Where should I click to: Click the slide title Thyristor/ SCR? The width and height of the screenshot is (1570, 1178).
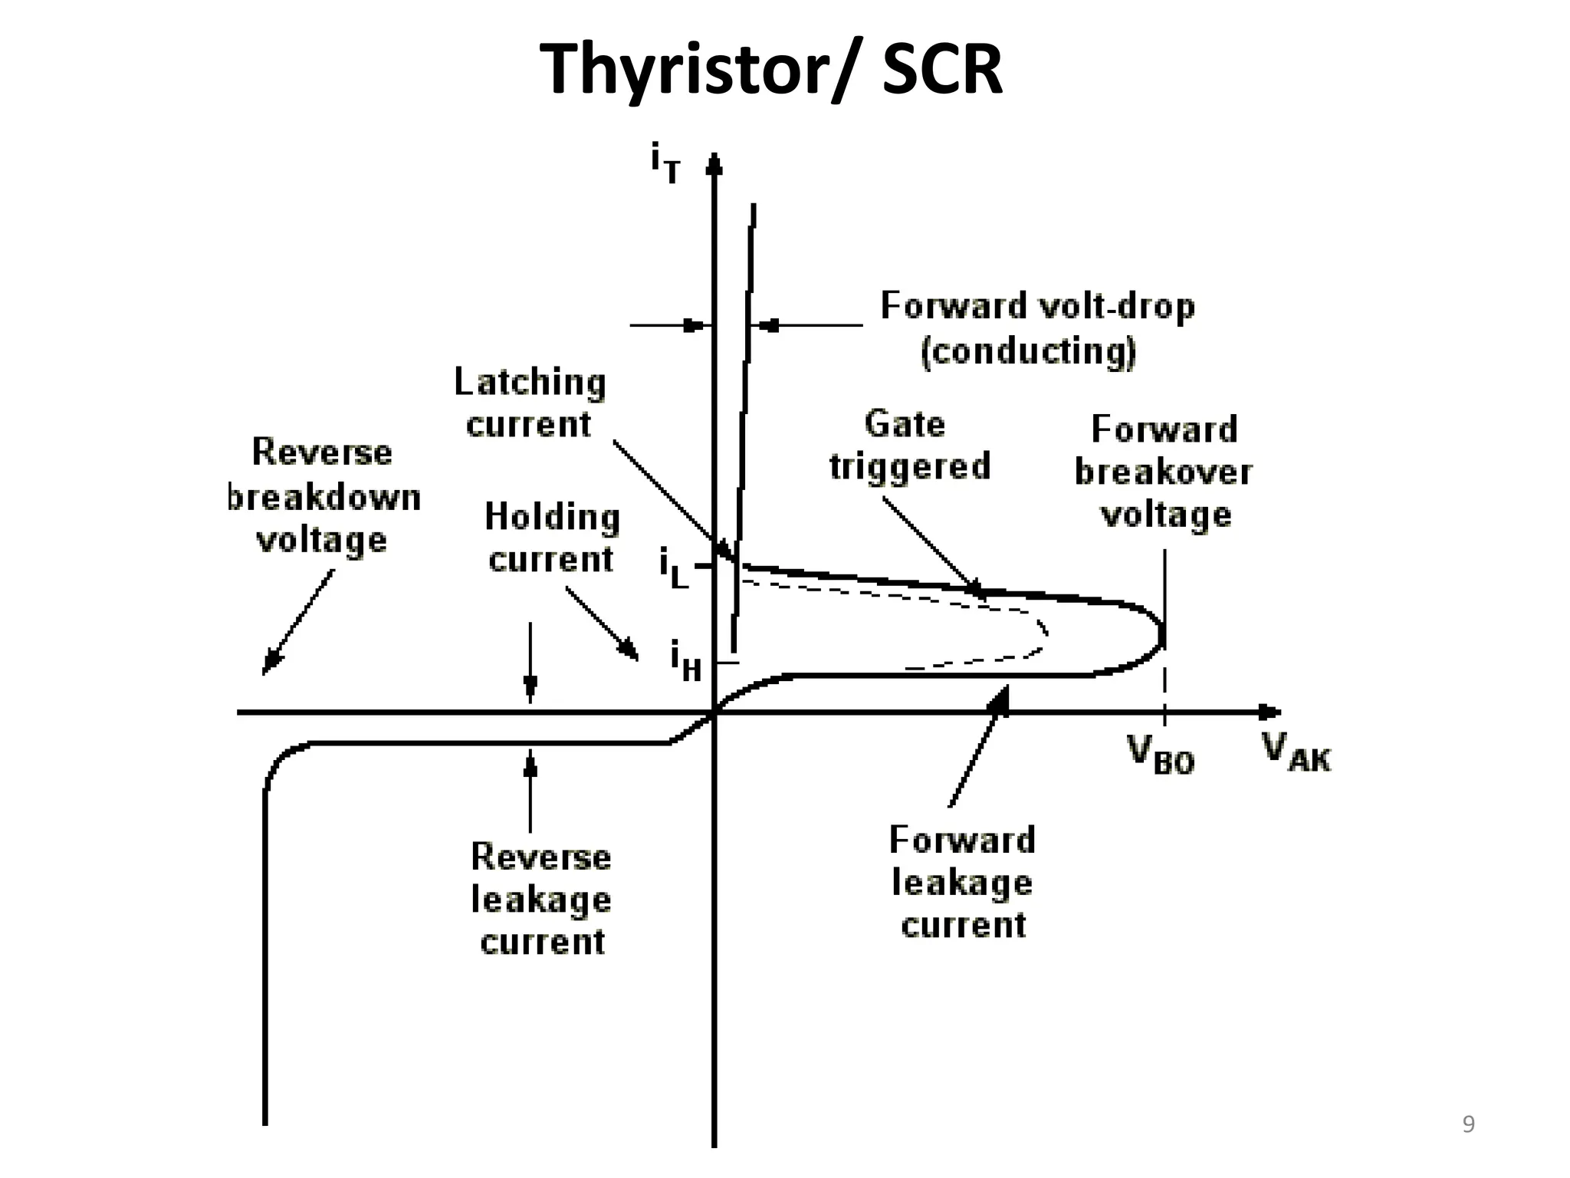[x=771, y=69]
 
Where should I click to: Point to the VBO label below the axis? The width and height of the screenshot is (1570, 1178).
[x=1161, y=755]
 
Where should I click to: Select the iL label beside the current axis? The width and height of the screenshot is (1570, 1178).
[x=674, y=568]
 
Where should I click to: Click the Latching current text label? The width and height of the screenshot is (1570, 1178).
[x=530, y=403]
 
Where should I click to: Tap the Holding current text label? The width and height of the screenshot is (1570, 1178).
[x=551, y=538]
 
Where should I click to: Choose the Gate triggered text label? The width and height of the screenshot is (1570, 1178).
[x=909, y=445]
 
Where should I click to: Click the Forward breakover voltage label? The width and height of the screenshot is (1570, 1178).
[x=1164, y=471]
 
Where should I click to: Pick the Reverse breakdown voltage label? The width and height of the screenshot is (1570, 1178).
[x=323, y=496]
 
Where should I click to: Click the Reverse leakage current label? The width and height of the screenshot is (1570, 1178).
[x=541, y=898]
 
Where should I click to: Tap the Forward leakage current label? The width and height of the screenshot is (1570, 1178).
[x=962, y=882]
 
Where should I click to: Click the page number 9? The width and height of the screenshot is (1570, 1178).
[x=1468, y=1124]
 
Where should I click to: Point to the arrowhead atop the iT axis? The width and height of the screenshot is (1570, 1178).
[x=714, y=163]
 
